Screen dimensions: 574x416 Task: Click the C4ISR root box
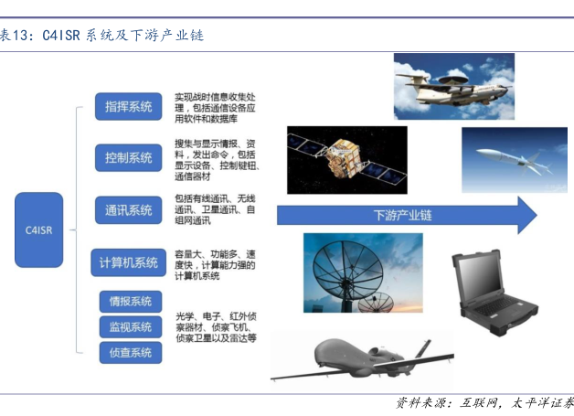[x=38, y=230]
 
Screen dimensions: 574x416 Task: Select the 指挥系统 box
[x=129, y=107]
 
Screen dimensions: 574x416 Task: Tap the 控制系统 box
[x=129, y=158]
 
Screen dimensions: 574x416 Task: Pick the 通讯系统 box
[x=129, y=210]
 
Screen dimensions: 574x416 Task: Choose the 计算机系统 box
[x=129, y=262]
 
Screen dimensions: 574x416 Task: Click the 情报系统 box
[x=131, y=302]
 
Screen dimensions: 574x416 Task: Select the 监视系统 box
[x=131, y=327]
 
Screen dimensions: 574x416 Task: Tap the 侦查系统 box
[x=131, y=353]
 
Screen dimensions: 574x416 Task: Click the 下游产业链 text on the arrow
[x=403, y=216]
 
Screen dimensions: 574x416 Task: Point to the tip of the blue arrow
[x=537, y=216]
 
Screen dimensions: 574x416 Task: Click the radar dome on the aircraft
[x=453, y=80]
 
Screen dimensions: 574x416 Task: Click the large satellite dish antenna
[x=347, y=271]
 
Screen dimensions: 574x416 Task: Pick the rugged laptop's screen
[x=479, y=279]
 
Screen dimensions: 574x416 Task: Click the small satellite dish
[x=376, y=302]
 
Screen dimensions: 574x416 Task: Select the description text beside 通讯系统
[x=216, y=209]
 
